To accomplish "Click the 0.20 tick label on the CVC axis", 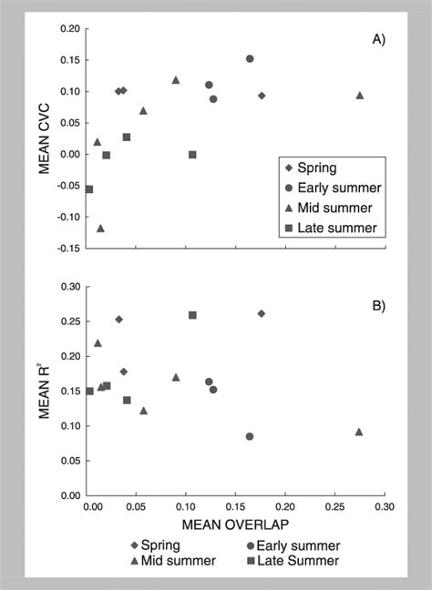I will point(67,29).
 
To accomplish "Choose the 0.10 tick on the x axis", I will point(187,506).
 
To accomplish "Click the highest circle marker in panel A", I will point(250,58).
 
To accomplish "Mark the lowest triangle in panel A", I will point(100,229).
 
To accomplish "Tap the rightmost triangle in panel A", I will point(359,96).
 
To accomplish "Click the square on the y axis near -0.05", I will point(89,189).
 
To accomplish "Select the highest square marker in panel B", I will point(192,315).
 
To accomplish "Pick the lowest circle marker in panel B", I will point(250,436).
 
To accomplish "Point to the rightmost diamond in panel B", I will point(262,313).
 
